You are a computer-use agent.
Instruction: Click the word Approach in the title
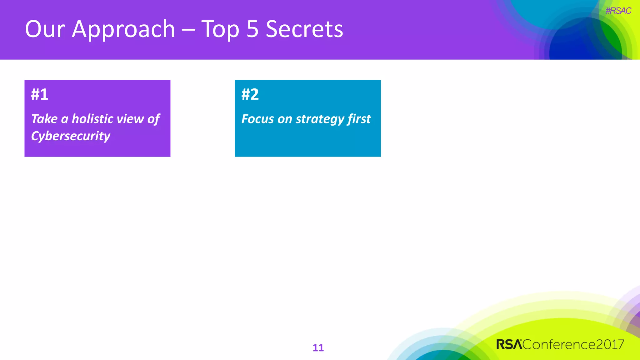point(123,29)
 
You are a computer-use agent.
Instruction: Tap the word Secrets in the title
point(304,29)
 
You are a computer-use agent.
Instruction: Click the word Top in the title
point(220,29)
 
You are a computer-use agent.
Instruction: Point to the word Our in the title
point(45,29)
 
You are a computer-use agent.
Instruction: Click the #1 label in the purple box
point(40,94)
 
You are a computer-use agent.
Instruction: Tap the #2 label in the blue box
point(250,94)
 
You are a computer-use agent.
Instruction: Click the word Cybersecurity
point(71,136)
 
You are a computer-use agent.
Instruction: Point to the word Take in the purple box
point(44,119)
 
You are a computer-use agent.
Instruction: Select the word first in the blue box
point(359,119)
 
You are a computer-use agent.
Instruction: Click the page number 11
point(318,348)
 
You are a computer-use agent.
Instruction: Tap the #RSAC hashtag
point(618,11)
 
